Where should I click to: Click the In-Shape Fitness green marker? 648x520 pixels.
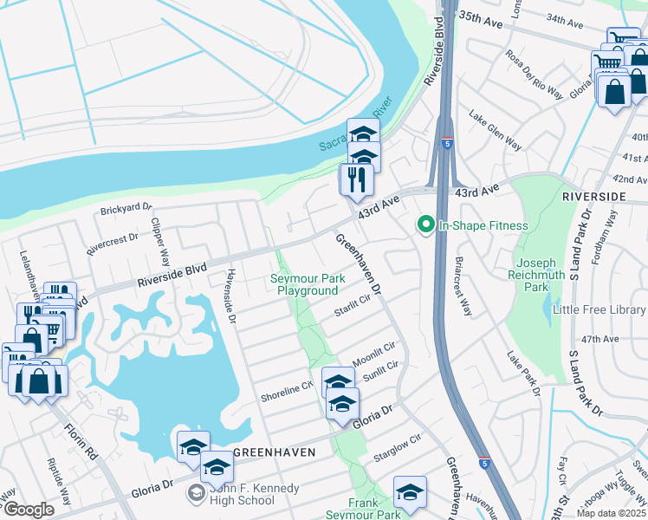point(425,225)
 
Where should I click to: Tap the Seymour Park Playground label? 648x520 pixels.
point(308,284)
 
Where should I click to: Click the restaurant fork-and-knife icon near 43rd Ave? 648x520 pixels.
point(356,179)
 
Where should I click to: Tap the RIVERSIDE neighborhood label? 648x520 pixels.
point(593,197)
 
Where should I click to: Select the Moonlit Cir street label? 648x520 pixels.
point(373,350)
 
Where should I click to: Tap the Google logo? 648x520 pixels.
point(28,510)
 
